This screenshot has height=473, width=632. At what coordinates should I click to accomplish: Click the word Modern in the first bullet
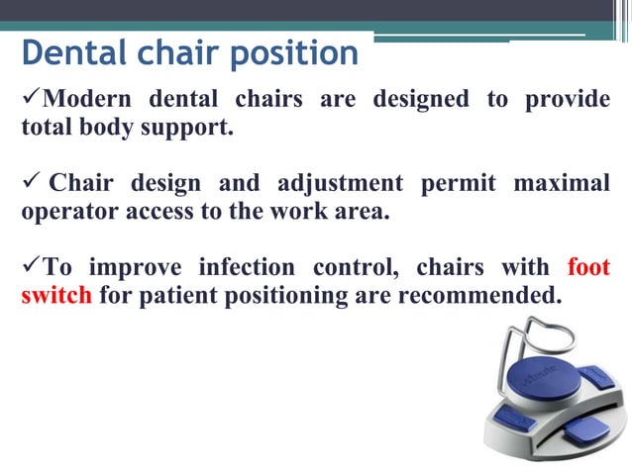(x=93, y=101)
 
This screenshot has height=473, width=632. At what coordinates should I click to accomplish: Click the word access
(x=158, y=211)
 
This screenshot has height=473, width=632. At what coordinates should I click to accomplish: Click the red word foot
(x=588, y=268)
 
